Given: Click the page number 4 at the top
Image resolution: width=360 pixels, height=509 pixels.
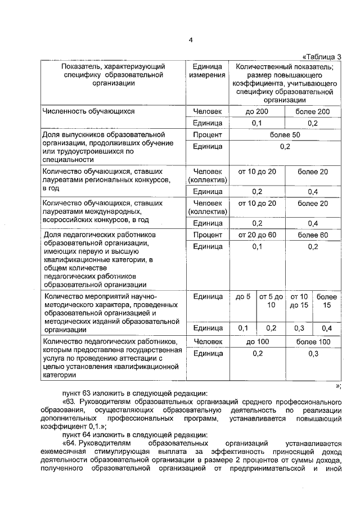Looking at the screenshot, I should pos(191,40).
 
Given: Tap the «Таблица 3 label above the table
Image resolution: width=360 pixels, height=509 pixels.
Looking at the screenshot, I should pos(322,56).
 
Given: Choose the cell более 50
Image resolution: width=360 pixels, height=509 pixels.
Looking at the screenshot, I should pos(285,135).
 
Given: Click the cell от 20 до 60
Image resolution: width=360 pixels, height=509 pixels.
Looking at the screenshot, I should pos(257,234).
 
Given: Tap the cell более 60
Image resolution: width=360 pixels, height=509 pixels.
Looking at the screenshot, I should pos(313,234).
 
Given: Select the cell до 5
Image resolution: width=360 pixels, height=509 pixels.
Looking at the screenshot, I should pos(243,296).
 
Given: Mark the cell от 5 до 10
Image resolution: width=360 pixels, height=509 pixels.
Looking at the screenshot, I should pos(271,301).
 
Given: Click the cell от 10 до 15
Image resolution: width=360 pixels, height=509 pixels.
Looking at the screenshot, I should pos(299,301).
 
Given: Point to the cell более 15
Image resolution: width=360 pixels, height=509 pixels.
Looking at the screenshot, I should pos(327,301).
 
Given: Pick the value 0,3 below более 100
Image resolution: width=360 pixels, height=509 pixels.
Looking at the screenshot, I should pos(313,353).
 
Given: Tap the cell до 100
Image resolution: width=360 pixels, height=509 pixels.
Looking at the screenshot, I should pos(257,341).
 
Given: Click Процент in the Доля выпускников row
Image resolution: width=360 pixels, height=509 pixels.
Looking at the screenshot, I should pos(208,135).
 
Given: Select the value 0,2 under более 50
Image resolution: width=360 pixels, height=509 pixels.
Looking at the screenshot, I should pos(285,146).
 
